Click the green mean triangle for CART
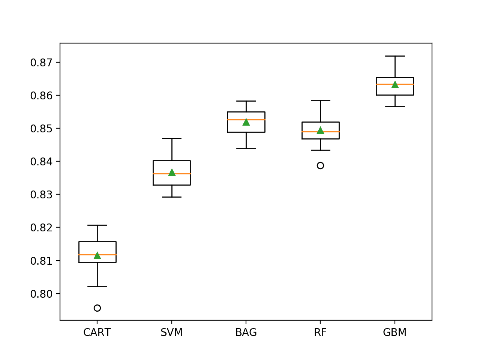coord(97,255)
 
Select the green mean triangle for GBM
coord(395,85)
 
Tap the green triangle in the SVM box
coord(172,172)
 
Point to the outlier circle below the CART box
coord(97,308)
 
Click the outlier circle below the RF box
coord(320,165)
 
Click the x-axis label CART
coord(97,333)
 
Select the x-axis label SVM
coord(172,333)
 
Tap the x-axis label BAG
coord(246,333)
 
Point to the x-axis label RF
coord(320,333)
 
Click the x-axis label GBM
coord(395,333)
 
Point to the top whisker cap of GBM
coord(395,56)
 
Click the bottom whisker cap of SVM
coord(172,197)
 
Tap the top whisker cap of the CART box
coord(97,225)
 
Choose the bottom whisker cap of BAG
coord(246,148)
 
